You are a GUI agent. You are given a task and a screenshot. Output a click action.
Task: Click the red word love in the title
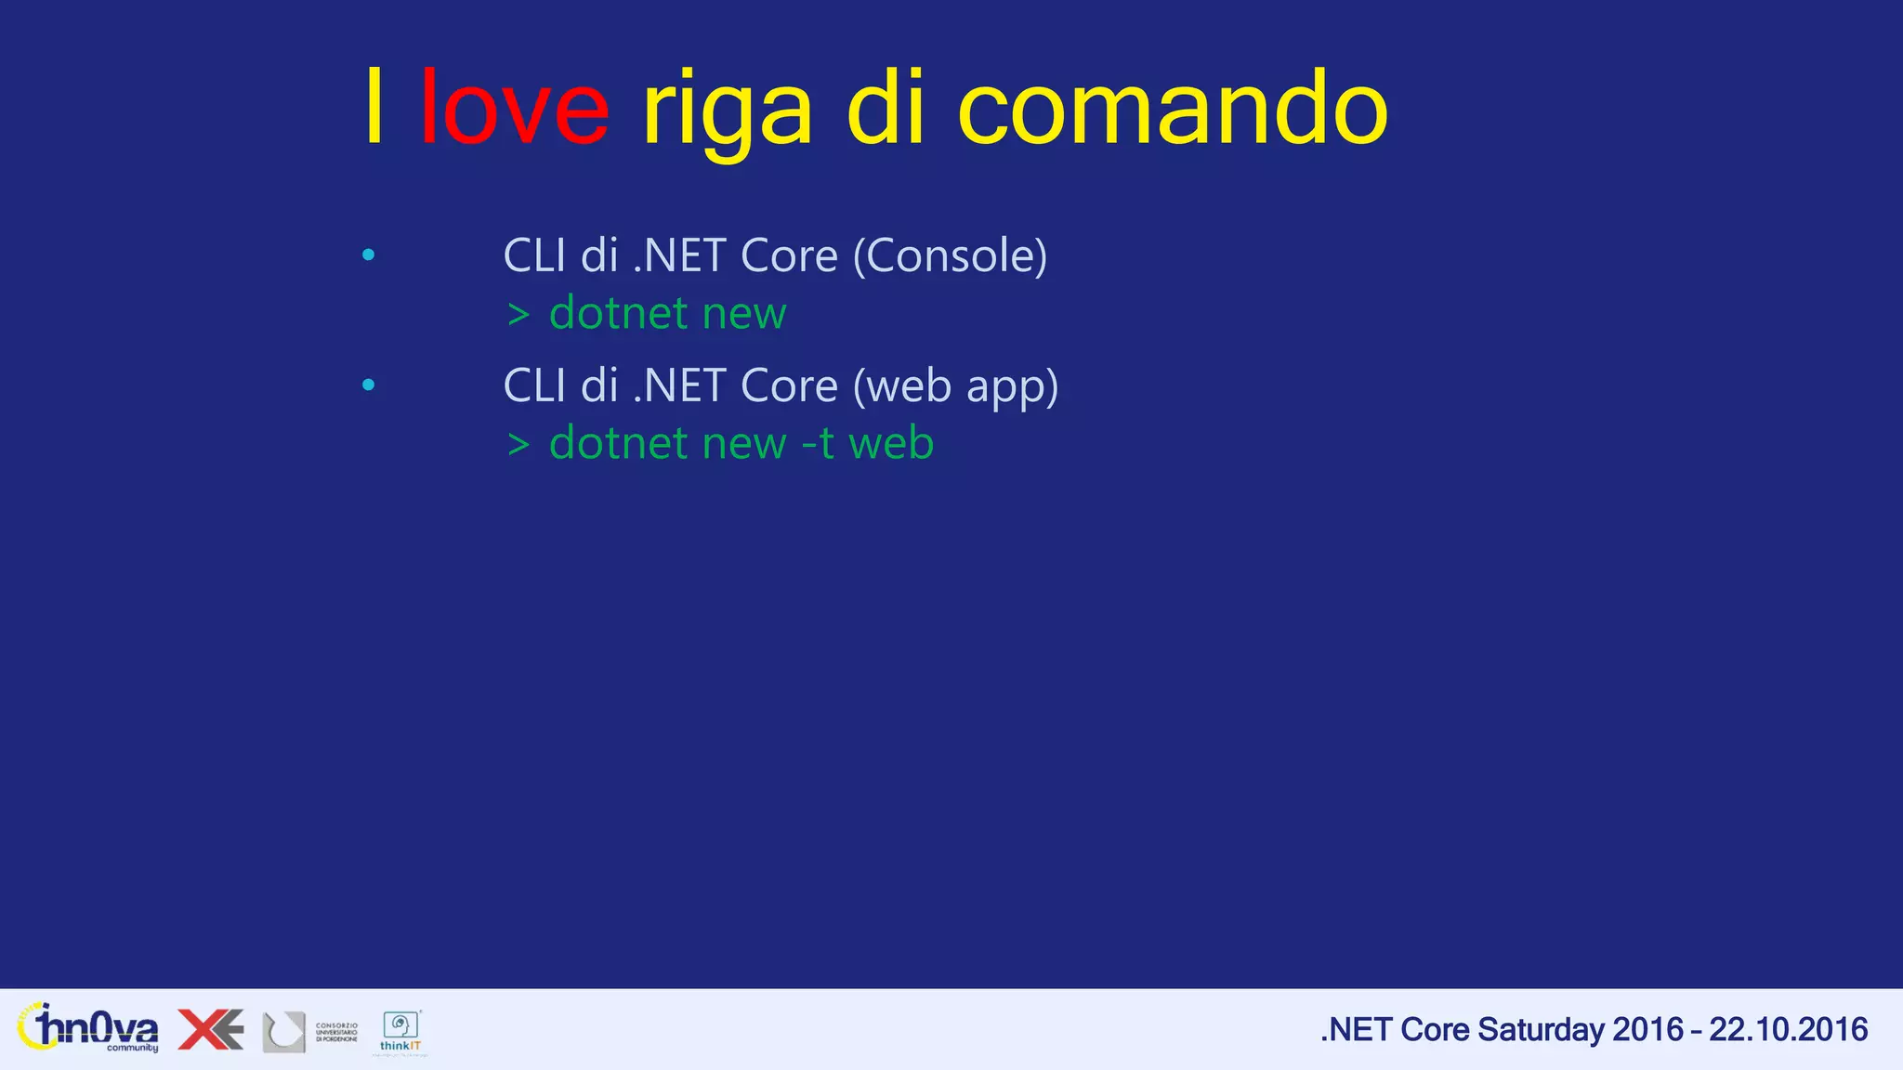[515, 110]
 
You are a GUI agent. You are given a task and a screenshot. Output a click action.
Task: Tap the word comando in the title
[1173, 110]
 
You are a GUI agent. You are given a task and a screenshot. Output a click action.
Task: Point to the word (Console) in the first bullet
[950, 256]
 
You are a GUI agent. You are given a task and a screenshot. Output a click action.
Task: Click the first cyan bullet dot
[369, 254]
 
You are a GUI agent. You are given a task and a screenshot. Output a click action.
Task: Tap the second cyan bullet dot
[369, 385]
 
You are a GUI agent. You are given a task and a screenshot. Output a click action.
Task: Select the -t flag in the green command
[818, 444]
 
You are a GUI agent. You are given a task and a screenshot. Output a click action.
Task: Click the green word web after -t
[891, 444]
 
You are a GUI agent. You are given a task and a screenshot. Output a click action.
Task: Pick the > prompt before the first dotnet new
[518, 315]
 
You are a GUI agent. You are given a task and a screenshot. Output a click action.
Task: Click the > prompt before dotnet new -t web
[518, 445]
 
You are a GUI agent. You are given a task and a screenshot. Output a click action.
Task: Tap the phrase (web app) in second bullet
[955, 387]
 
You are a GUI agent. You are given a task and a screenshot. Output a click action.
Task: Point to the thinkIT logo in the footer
[400, 1032]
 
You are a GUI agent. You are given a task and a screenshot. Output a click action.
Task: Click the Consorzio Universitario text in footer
[336, 1033]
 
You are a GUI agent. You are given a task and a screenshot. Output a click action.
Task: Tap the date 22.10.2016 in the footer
[1788, 1030]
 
